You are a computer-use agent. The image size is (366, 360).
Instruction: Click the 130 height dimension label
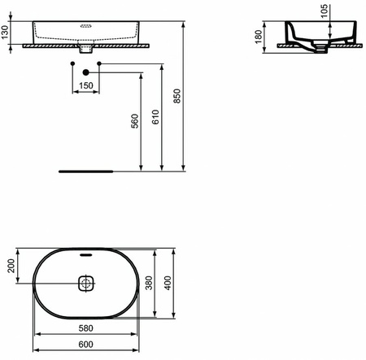(x=7, y=33)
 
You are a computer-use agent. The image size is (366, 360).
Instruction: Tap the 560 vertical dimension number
(x=136, y=121)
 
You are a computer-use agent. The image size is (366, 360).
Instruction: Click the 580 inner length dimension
(x=85, y=330)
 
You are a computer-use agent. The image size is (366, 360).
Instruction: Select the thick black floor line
(x=85, y=172)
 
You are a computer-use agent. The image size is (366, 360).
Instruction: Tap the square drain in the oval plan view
(x=85, y=284)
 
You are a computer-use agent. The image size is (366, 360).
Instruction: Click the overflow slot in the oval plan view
(x=85, y=255)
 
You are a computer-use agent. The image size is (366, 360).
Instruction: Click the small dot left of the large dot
(x=72, y=63)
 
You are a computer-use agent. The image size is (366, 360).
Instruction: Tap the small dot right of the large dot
(x=98, y=63)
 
